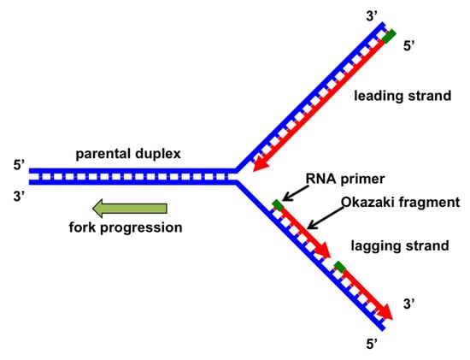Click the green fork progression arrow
click(129, 208)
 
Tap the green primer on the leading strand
click(389, 37)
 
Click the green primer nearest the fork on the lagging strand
click(277, 204)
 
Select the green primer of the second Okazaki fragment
click(340, 268)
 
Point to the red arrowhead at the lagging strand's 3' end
click(386, 312)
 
